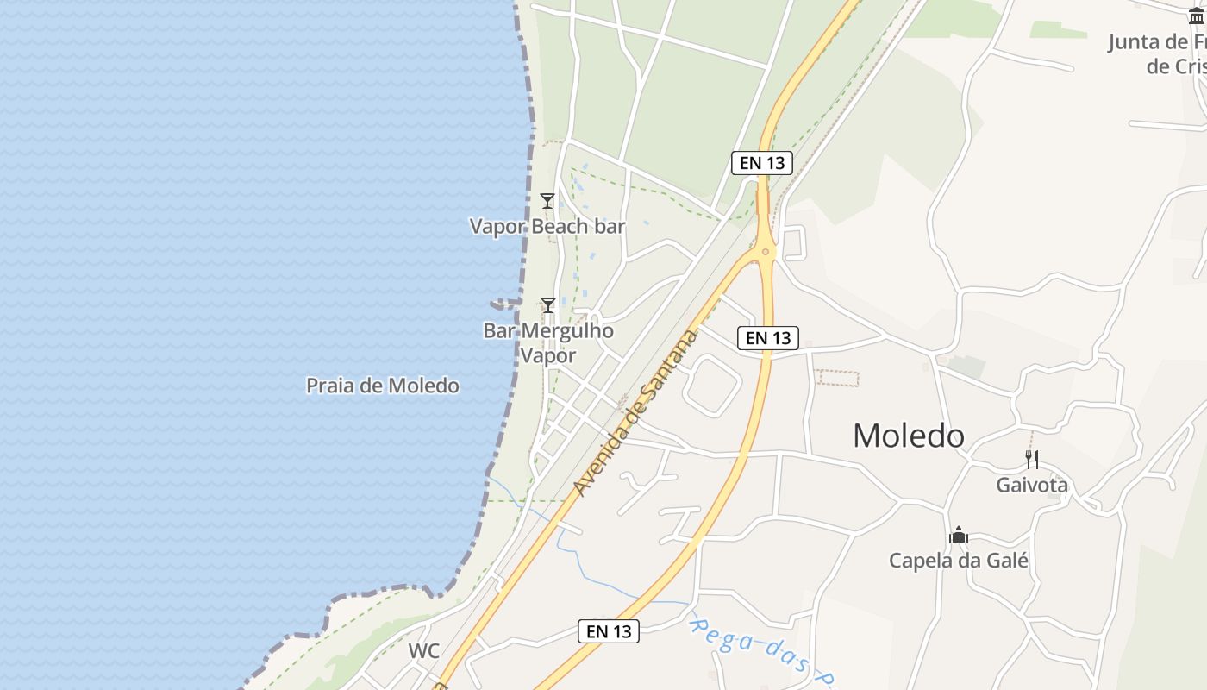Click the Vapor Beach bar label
(x=547, y=226)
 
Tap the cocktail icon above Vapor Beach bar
(x=547, y=201)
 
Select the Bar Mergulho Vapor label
(x=548, y=342)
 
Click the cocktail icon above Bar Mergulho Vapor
(x=547, y=305)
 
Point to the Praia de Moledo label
(x=383, y=386)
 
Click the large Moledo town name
(x=908, y=436)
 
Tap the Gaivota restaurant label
(x=1032, y=485)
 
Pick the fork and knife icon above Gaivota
(x=1031, y=459)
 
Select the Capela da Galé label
(x=959, y=561)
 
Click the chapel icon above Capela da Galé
(x=958, y=536)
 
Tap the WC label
(x=423, y=651)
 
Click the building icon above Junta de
(x=1196, y=15)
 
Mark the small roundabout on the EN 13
(x=765, y=252)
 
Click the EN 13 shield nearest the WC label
(x=609, y=631)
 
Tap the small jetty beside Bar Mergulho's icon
(x=505, y=304)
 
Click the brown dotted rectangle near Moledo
(x=838, y=378)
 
